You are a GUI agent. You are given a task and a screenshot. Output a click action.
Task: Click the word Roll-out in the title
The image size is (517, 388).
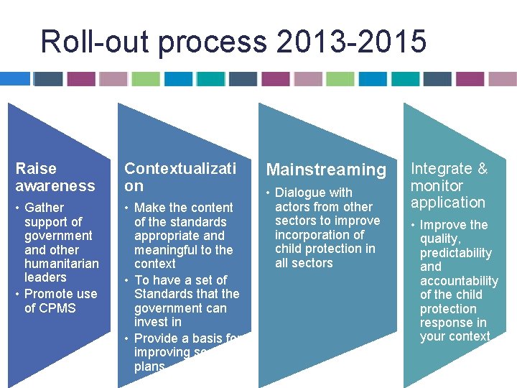(x=95, y=42)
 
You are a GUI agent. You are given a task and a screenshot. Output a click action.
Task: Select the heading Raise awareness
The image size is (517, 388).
(x=55, y=177)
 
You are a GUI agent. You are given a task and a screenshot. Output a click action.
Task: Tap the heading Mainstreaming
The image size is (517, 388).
(x=326, y=170)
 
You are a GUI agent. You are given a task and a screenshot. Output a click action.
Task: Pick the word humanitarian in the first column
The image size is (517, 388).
(x=62, y=264)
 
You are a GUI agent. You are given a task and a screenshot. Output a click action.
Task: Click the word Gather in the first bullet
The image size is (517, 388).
(x=45, y=208)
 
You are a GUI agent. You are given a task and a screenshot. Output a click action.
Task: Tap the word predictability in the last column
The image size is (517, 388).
(x=456, y=253)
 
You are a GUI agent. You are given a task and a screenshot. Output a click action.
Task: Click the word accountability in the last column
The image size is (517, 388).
(x=459, y=281)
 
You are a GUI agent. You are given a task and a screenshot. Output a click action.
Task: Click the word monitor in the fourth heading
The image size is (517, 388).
(x=437, y=185)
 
